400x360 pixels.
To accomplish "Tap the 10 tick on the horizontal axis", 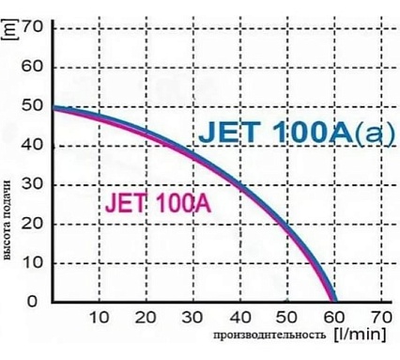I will (x=100, y=318).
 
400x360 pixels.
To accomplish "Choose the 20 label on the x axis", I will (x=146, y=318).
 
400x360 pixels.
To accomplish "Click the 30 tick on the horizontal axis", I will (x=193, y=318).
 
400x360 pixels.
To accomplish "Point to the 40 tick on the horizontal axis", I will (x=240, y=318).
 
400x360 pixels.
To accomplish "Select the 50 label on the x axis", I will (x=287, y=318).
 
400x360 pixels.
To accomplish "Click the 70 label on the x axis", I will (x=380, y=318).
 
